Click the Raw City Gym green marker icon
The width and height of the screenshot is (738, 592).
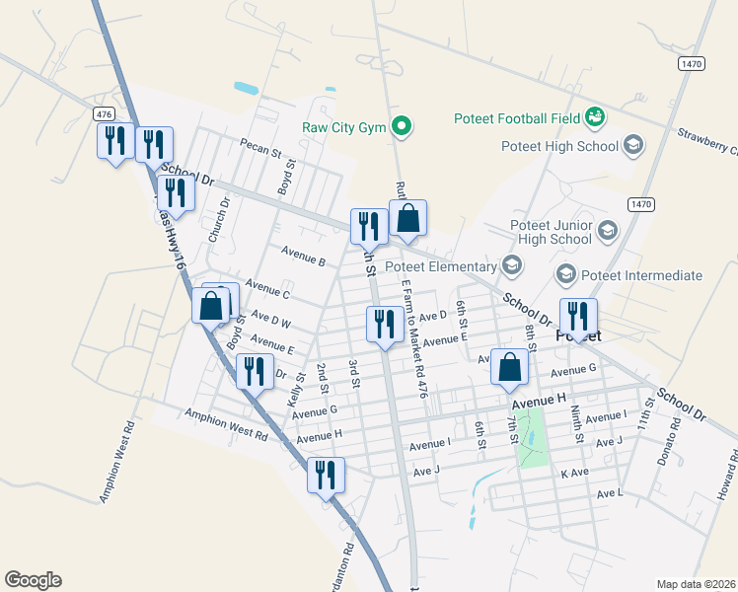[x=402, y=126]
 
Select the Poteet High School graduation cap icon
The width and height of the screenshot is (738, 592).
[x=633, y=147]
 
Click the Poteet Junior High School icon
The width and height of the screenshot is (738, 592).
[x=608, y=231]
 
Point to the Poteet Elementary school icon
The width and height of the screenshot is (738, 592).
[x=511, y=265]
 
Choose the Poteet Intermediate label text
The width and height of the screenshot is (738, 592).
[x=642, y=275]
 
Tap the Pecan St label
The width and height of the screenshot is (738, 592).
[x=261, y=148]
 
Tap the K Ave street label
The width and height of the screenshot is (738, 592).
[x=574, y=474]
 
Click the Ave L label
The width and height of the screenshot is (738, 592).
[x=610, y=492]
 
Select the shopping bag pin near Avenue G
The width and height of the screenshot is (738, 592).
[x=509, y=368]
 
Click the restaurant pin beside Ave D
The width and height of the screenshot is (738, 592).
[x=383, y=325]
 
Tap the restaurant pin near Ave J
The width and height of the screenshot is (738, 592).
[x=323, y=475]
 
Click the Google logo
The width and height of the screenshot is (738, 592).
[x=33, y=580]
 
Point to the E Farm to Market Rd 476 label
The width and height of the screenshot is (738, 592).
[x=413, y=336]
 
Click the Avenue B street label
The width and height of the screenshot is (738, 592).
[x=303, y=256]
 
